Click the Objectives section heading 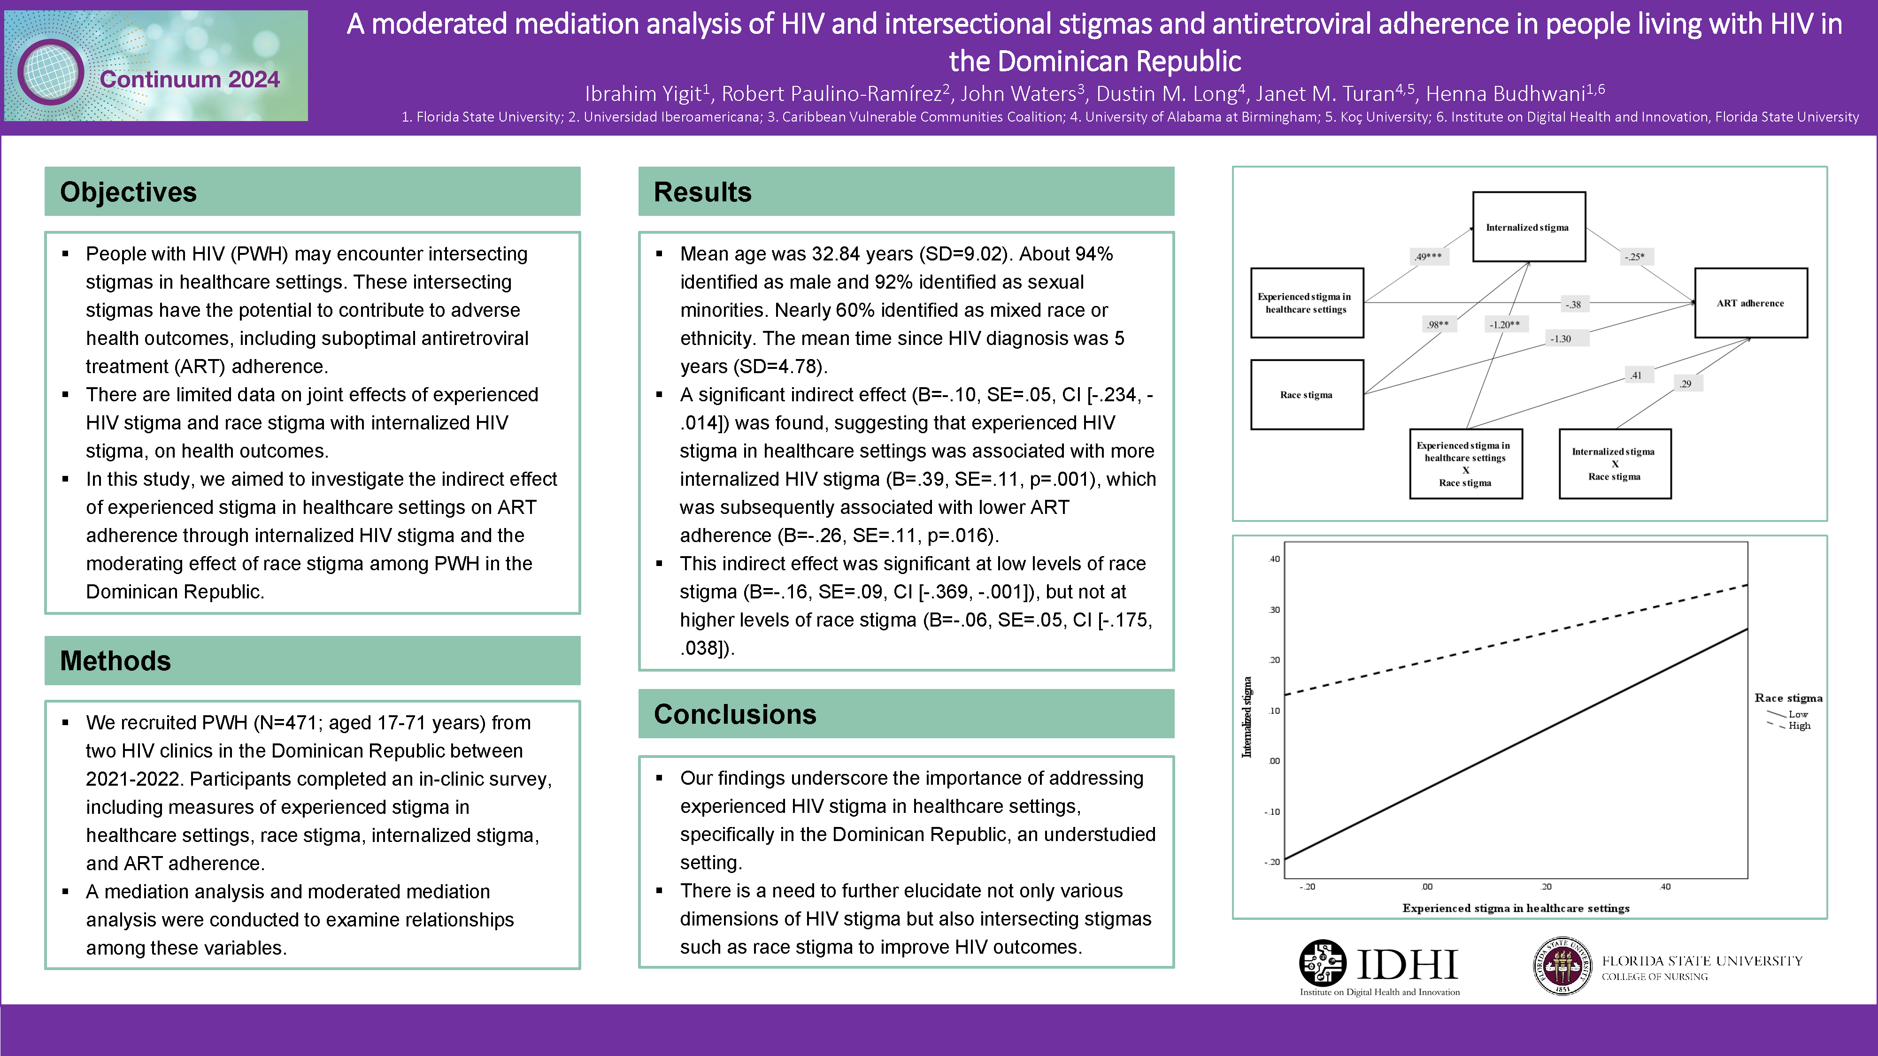coord(128,191)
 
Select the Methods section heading coord(115,660)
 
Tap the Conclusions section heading coord(735,714)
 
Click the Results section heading coord(702,191)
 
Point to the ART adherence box coord(1750,303)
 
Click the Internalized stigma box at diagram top coord(1528,227)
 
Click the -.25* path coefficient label coord(1634,257)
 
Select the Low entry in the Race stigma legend coord(1798,714)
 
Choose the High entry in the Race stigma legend coord(1799,726)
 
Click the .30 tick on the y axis coord(1274,610)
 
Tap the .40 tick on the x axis coord(1665,887)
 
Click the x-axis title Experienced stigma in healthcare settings coord(1516,908)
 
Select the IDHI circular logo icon coord(1323,963)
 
